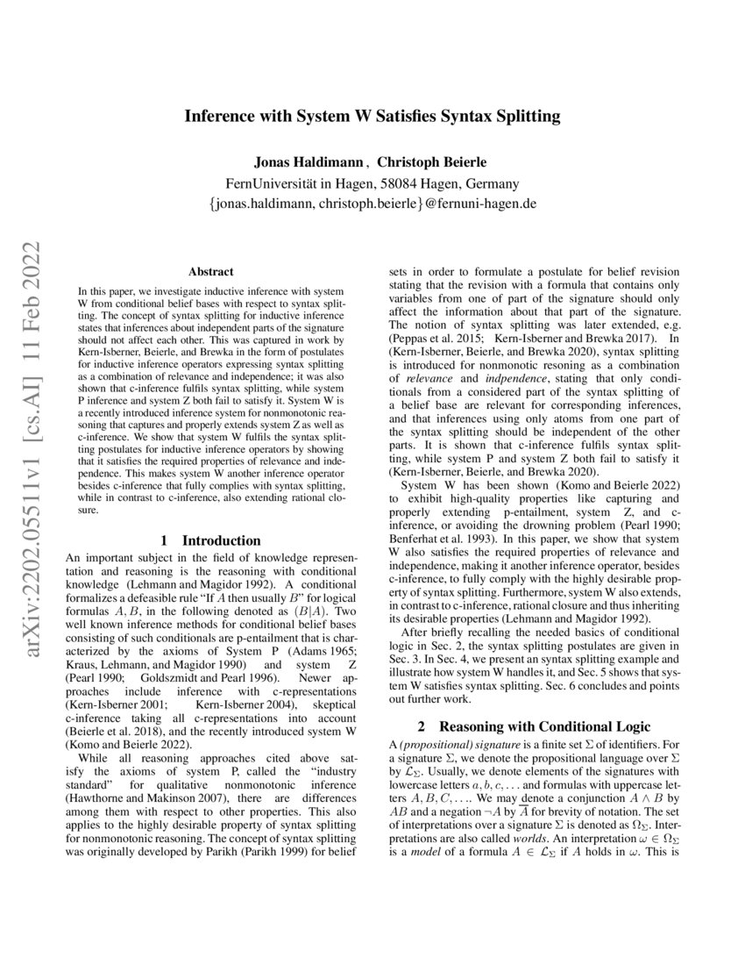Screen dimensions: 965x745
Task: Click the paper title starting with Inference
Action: click(372, 116)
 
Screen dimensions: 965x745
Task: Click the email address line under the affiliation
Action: click(372, 204)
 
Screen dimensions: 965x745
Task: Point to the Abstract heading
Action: click(210, 273)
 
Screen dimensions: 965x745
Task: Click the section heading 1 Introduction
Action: click(210, 541)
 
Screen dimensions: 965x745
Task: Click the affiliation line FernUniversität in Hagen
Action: click(372, 183)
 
